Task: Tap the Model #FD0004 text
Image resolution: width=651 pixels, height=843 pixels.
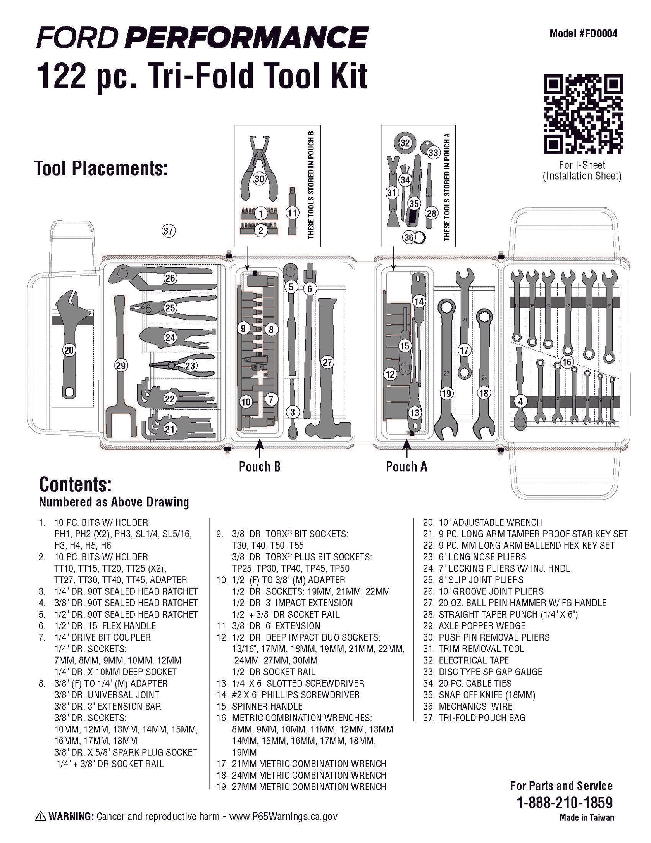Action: click(x=583, y=34)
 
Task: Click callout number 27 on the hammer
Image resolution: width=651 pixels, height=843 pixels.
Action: click(x=327, y=362)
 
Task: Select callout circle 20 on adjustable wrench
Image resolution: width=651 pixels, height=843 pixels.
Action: click(x=69, y=350)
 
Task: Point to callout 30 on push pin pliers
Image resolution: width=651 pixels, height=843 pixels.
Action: click(x=259, y=179)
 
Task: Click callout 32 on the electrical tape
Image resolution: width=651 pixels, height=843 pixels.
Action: click(x=405, y=143)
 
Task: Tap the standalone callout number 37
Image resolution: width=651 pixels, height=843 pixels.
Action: click(x=168, y=231)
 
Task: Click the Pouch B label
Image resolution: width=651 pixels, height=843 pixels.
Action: click(x=259, y=466)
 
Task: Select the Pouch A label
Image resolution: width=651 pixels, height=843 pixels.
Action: click(x=406, y=466)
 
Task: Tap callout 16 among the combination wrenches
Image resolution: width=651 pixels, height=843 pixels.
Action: click(x=567, y=362)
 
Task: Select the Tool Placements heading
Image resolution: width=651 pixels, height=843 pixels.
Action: click(x=101, y=168)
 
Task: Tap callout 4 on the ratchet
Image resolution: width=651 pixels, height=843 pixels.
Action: click(x=520, y=402)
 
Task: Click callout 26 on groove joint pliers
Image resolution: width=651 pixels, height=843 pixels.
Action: click(x=170, y=278)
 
